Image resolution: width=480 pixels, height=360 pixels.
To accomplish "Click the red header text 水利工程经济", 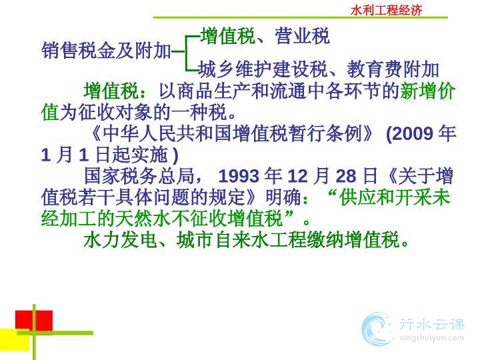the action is [386, 11].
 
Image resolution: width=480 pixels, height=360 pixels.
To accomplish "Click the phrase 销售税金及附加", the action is [106, 51].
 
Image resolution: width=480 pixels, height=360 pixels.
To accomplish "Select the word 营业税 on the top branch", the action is [302, 36].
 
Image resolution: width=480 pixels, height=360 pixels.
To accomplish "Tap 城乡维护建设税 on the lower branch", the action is [263, 69].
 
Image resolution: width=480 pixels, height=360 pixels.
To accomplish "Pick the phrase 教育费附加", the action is [393, 69].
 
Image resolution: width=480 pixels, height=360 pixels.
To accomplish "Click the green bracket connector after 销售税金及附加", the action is [185, 53].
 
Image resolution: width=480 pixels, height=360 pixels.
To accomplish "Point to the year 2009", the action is [413, 134].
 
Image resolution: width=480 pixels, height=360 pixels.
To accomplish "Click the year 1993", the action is [239, 176].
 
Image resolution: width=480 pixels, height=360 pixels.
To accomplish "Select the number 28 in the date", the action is [346, 176].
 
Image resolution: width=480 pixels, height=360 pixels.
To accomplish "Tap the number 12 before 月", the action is [297, 176].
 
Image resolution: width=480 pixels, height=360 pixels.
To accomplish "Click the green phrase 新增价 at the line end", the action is [427, 91].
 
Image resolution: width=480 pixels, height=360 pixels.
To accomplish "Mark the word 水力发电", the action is [121, 240].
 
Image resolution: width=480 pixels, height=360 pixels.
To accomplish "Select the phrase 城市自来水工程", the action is [241, 240].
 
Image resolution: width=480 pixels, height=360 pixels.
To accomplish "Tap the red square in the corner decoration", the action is [34, 321].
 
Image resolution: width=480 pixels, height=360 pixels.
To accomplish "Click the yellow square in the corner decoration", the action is [15, 340].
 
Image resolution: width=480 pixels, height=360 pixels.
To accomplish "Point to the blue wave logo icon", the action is [377, 329].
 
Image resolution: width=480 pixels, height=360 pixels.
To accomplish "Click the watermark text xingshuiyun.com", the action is [431, 338].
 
